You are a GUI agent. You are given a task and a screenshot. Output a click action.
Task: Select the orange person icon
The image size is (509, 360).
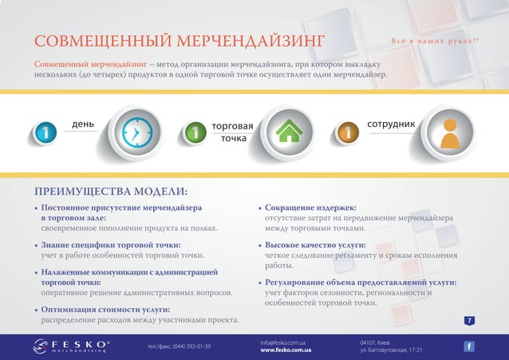(449, 133)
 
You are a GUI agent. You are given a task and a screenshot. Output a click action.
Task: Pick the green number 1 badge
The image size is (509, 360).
(195, 133)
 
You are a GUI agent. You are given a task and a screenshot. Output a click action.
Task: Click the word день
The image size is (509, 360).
(83, 125)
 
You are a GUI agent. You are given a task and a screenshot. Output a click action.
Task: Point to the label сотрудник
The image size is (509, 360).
(391, 125)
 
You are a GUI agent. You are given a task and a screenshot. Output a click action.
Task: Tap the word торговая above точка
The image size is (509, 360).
(232, 126)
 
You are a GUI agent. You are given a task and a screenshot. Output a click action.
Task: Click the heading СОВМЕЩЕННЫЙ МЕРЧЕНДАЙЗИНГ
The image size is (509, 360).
(180, 41)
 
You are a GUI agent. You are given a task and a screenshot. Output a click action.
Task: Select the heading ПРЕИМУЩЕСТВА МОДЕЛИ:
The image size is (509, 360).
(111, 192)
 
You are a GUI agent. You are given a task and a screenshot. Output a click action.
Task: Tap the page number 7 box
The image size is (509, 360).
(470, 320)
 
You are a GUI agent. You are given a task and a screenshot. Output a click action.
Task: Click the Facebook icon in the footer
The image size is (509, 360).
(469, 346)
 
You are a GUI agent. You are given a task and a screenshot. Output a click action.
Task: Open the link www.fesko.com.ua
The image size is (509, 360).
(286, 350)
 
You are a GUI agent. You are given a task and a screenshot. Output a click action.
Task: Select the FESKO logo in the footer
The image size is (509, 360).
(72, 346)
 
